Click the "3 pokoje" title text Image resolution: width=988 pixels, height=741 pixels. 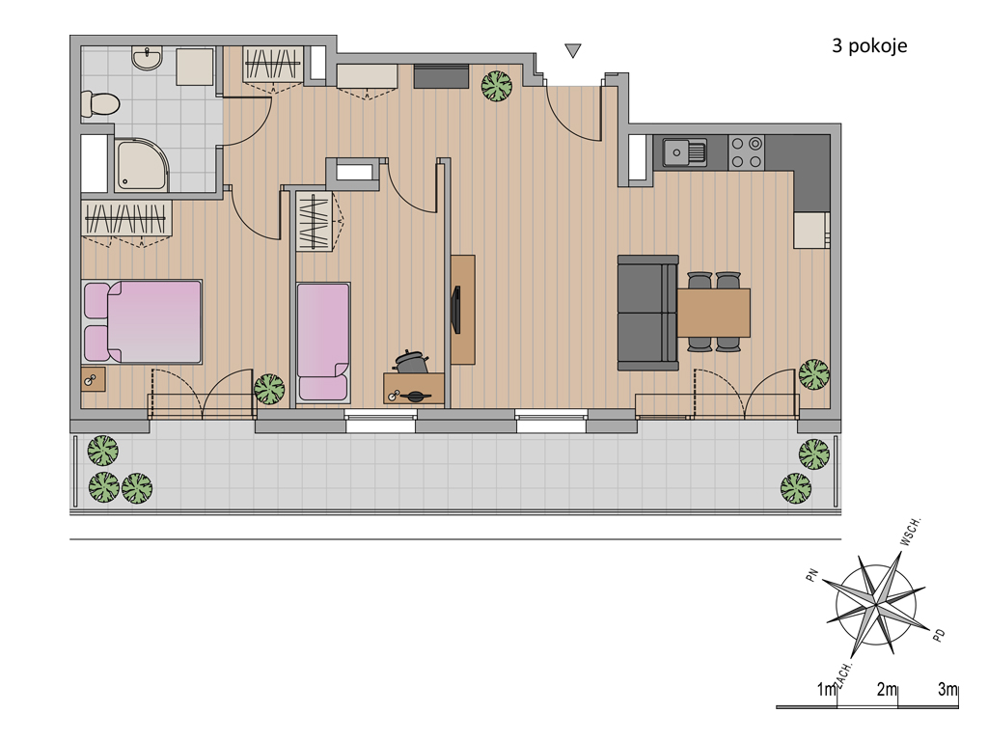pos(869,46)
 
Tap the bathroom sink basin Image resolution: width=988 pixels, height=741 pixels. pos(148,57)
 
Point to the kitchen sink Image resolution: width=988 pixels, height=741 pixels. pos(684,151)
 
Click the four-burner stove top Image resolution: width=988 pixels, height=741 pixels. pos(747,152)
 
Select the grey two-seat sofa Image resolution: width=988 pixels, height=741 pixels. pos(647,313)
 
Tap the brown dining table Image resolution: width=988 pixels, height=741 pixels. pos(713,313)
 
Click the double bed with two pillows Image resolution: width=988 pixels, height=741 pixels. pos(143,322)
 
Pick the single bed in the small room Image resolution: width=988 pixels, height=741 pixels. pos(323,343)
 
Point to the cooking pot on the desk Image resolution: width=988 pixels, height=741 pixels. pos(411,362)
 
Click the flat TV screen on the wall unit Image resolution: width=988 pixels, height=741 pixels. pos(456,310)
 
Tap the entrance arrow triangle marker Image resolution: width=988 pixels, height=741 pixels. pos(573,50)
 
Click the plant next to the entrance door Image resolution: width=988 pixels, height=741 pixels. pos(497,86)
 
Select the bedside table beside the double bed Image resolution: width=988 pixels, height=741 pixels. pos(94,379)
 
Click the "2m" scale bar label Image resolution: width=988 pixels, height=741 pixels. pos(887,689)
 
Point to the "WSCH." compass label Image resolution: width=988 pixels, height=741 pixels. pos(911,532)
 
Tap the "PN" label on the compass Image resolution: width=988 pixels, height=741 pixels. pos(812,575)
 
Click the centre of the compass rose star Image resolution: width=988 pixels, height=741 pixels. pos(876,605)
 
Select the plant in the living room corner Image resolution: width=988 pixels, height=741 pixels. pos(814,374)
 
